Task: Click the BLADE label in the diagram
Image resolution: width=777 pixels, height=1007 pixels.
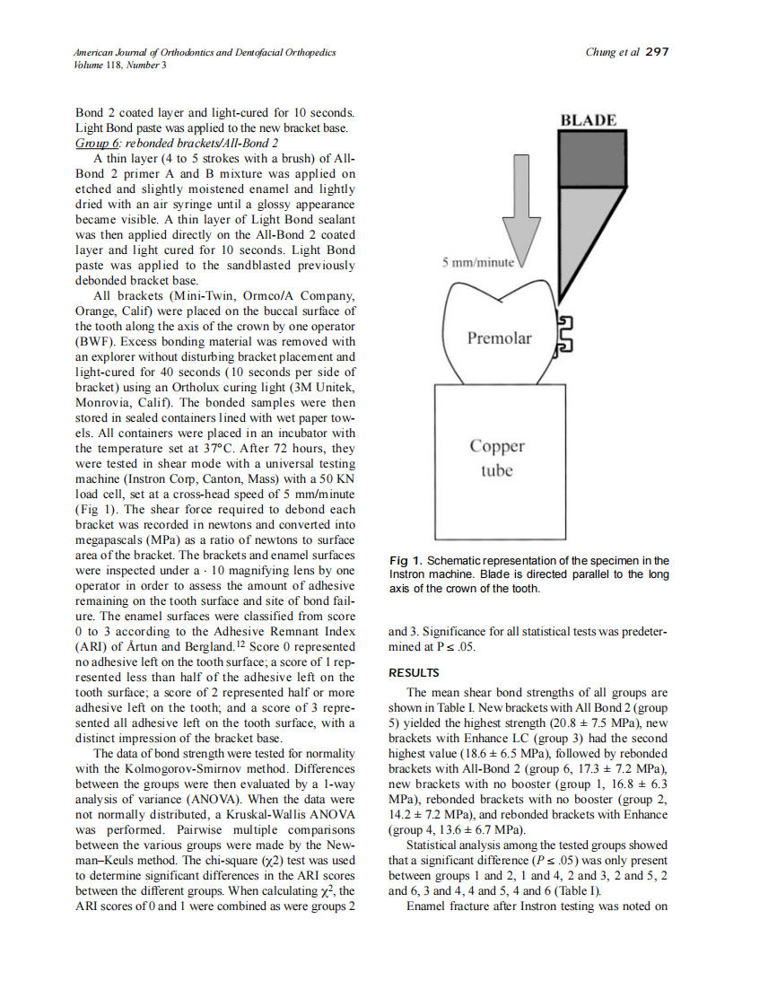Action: (x=588, y=119)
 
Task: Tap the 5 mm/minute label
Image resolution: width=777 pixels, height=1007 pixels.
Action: (x=477, y=263)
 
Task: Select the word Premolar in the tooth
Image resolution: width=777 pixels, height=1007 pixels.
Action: (x=499, y=338)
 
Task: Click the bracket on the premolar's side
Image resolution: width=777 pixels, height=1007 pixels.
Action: (x=565, y=335)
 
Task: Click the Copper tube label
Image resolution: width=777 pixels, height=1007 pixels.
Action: (x=497, y=458)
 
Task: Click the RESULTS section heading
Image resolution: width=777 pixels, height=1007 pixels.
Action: (x=414, y=672)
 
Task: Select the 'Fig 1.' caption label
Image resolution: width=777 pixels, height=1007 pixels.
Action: (x=406, y=561)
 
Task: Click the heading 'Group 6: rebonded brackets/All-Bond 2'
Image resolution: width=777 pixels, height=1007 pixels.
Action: (x=177, y=143)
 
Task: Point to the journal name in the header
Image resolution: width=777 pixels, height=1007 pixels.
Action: (x=205, y=52)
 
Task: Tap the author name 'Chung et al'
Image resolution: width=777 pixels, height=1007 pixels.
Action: (x=612, y=52)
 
